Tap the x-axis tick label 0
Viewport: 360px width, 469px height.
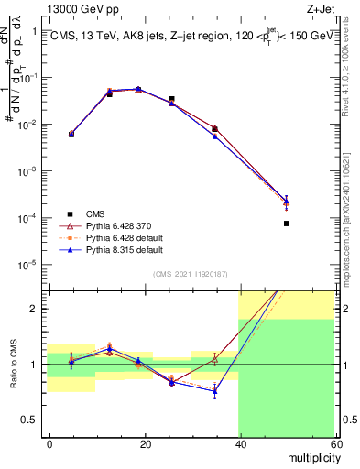coord(49,443)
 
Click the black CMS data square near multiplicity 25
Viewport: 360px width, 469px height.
coord(171,98)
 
